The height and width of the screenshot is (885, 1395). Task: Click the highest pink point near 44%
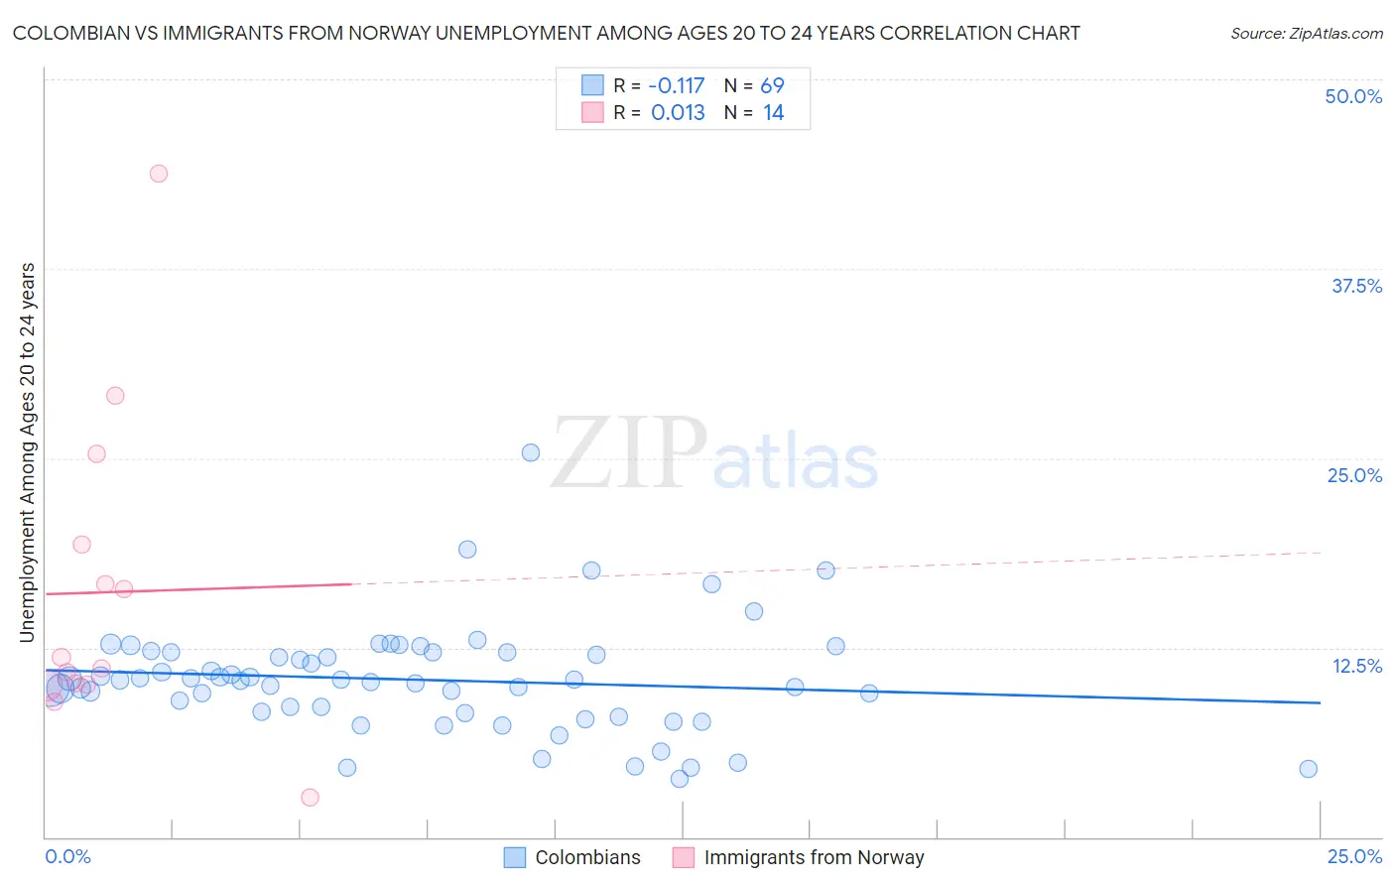159,174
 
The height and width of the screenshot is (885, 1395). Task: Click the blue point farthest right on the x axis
1308,769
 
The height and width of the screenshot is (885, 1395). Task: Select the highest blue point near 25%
531,452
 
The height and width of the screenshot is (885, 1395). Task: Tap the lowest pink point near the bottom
310,798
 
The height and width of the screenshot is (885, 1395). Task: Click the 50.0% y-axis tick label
1353,96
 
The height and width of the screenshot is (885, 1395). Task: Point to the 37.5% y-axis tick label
1356,286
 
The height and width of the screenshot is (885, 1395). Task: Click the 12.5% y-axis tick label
1356,666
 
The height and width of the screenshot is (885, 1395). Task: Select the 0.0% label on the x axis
67,857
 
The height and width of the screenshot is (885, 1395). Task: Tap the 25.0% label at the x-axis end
1354,857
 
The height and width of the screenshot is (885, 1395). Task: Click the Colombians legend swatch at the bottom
514,857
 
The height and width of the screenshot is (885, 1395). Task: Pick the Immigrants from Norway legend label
814,857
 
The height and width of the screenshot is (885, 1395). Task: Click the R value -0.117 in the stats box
677,86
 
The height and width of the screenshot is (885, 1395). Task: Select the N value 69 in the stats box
772,86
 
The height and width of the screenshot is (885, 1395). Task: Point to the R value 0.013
678,113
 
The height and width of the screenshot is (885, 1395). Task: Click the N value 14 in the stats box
773,113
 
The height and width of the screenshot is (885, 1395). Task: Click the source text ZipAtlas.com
1306,34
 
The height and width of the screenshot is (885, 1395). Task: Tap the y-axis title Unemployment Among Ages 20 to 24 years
28,452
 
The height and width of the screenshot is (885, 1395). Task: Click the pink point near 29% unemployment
115,396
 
